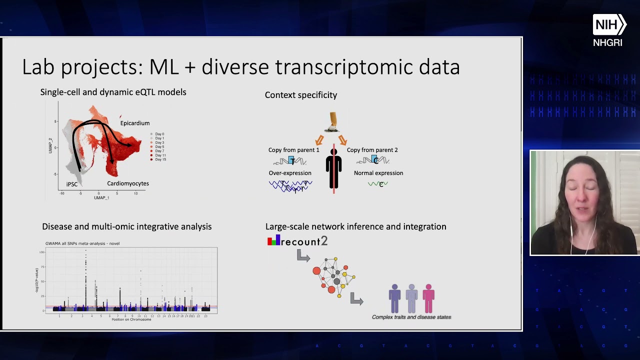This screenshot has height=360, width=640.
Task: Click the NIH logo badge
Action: pyautogui.click(x=609, y=24)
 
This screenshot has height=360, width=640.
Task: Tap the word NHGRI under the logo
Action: pyautogui.click(x=607, y=43)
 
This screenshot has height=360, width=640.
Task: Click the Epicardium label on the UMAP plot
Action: pyautogui.click(x=134, y=123)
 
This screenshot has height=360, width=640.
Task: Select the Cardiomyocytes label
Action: pyautogui.click(x=128, y=183)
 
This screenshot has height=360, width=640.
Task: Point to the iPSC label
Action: pyautogui.click(x=72, y=184)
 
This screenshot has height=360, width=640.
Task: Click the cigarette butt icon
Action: pyautogui.click(x=333, y=122)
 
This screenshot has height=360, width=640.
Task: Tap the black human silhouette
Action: pyautogui.click(x=333, y=168)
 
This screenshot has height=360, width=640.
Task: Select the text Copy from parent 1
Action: pyautogui.click(x=293, y=150)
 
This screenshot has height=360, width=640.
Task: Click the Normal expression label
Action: pyautogui.click(x=378, y=173)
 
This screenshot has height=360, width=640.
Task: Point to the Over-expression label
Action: pyautogui.click(x=290, y=173)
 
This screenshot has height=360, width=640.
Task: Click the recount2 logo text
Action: pyautogui.click(x=303, y=241)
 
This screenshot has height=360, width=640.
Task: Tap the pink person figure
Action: pyautogui.click(x=428, y=298)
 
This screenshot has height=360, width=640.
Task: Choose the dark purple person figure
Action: pyautogui.click(x=395, y=298)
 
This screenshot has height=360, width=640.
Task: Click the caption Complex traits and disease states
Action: pyautogui.click(x=411, y=317)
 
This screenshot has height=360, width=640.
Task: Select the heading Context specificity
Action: pyautogui.click(x=301, y=95)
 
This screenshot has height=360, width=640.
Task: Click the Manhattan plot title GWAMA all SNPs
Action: pyautogui.click(x=82, y=243)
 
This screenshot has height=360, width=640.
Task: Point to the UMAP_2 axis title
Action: pyautogui.click(x=50, y=145)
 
